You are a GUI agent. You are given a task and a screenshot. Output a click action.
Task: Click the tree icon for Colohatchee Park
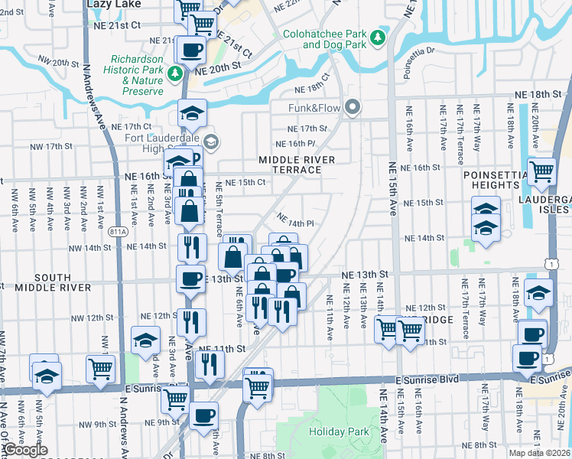(x=376, y=37)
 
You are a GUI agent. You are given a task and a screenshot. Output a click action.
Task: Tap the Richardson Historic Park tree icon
(x=176, y=73)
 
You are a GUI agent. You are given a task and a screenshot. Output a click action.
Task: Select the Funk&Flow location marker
(x=352, y=107)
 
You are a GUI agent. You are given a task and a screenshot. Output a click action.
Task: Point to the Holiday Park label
(x=339, y=432)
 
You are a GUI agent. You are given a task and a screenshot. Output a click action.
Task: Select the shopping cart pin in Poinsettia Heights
(x=541, y=172)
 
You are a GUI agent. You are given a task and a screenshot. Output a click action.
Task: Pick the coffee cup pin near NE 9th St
(x=203, y=416)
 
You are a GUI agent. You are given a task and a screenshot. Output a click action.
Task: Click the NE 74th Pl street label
(x=296, y=221)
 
